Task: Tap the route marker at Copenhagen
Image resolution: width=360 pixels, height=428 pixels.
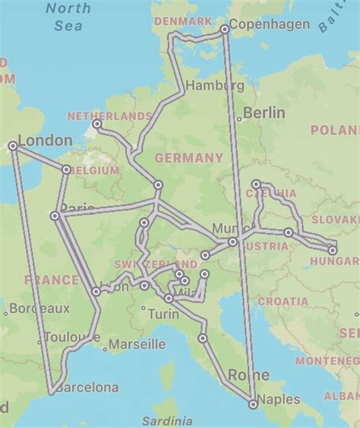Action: click(x=225, y=29)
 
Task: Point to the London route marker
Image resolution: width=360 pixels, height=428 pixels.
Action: click(x=13, y=146)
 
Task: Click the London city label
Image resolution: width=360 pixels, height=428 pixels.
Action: click(x=46, y=140)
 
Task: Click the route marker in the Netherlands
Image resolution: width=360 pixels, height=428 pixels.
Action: click(x=96, y=124)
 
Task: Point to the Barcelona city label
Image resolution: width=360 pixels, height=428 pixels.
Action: click(x=87, y=387)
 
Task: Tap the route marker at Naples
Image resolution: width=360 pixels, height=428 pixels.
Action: click(x=253, y=404)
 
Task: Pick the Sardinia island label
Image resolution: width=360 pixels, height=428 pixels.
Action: click(x=172, y=420)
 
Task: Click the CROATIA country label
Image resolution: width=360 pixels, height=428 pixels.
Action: click(x=283, y=301)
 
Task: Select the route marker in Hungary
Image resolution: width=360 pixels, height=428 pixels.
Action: click(x=332, y=250)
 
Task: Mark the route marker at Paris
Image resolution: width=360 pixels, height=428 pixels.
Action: click(x=55, y=216)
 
